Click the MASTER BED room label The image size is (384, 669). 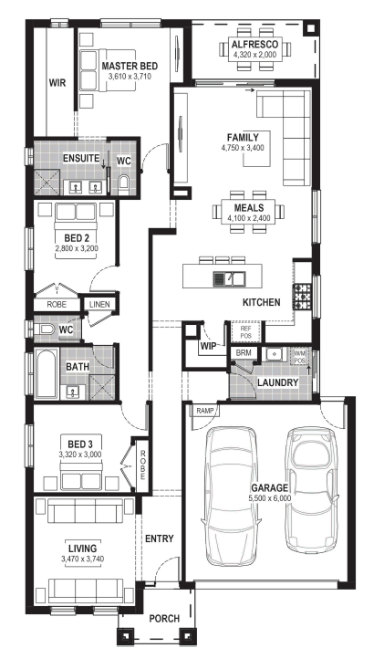point(130,66)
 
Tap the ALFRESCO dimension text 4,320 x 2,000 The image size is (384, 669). point(254,55)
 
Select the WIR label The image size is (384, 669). point(57,82)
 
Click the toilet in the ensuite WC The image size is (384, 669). point(124,183)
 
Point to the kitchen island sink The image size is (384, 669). point(229,278)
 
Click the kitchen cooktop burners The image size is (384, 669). point(302,296)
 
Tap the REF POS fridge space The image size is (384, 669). point(246,332)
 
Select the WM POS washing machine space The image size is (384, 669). point(300,357)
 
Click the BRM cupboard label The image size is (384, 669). point(244,353)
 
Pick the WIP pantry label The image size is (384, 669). point(208,346)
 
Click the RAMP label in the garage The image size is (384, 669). point(204,411)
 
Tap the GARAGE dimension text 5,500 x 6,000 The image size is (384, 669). point(270,498)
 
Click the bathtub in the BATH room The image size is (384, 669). point(47,374)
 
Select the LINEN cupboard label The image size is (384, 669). point(99,305)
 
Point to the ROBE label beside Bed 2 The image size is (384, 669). point(57,305)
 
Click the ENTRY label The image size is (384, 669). point(160,538)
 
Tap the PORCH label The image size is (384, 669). point(164,619)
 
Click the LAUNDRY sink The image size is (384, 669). point(275,354)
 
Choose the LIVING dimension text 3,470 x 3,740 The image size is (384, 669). point(83,559)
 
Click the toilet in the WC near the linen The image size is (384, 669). point(44,329)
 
